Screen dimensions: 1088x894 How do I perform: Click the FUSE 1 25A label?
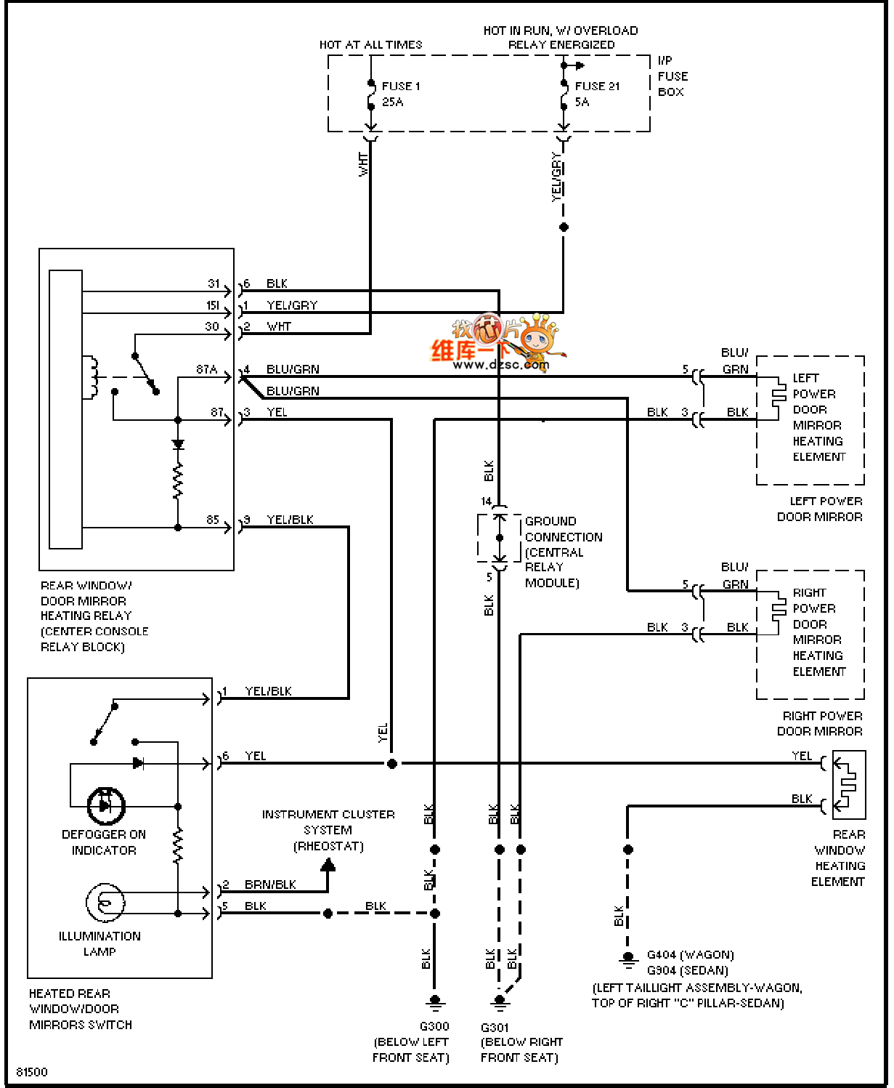pyautogui.click(x=400, y=94)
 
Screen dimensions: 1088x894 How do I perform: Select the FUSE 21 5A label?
pyautogui.click(x=596, y=94)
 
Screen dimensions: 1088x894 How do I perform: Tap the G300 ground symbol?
pyautogui.click(x=435, y=1003)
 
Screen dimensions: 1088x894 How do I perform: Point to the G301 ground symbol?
pyautogui.click(x=499, y=1003)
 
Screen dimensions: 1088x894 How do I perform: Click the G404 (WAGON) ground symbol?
pyautogui.click(x=628, y=960)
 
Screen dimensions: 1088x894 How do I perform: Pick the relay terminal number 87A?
pyautogui.click(x=207, y=369)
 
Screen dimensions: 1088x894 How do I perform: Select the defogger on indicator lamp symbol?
pyautogui.click(x=106, y=805)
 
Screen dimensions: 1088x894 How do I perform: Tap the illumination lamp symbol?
pyautogui.click(x=105, y=903)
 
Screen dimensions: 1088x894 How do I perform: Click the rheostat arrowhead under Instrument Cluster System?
pyautogui.click(x=328, y=865)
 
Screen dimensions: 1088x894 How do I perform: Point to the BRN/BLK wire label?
pyautogui.click(x=270, y=884)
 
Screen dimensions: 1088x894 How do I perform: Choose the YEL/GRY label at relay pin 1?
pyautogui.click(x=292, y=305)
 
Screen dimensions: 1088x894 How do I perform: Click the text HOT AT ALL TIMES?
pyautogui.click(x=370, y=45)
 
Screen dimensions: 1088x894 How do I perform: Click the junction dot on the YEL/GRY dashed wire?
pyautogui.click(x=564, y=227)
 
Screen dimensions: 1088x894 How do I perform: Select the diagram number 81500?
pyautogui.click(x=32, y=1072)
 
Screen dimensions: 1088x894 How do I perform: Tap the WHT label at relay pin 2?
pyautogui.click(x=279, y=327)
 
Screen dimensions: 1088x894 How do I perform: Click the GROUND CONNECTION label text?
pyautogui.click(x=563, y=529)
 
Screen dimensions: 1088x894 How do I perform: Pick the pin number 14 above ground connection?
pyautogui.click(x=486, y=501)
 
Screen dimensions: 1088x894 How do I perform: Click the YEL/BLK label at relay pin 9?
pyautogui.click(x=290, y=520)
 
